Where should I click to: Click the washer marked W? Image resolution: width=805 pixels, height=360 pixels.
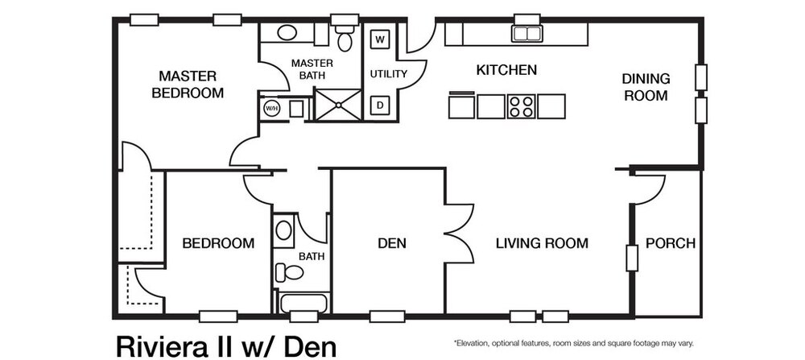[x=380, y=39]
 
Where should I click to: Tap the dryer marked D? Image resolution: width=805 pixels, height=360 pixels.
[x=380, y=106]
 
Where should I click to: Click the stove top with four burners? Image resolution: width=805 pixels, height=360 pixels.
[x=521, y=106]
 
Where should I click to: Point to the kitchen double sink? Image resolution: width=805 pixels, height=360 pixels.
[x=526, y=33]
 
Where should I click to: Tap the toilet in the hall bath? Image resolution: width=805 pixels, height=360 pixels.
[x=290, y=272]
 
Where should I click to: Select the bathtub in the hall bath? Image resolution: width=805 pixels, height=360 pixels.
[x=303, y=303]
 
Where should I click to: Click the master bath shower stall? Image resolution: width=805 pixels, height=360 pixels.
[x=338, y=105]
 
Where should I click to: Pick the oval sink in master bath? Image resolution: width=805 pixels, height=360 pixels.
[x=287, y=32]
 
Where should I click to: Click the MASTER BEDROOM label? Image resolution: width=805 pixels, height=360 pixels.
[x=188, y=85]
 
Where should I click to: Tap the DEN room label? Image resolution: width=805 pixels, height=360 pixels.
[x=392, y=243]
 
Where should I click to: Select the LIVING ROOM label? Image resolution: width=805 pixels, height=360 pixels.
[x=542, y=243]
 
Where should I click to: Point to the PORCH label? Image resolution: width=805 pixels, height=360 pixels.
[x=671, y=243]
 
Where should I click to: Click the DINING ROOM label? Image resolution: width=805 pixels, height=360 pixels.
[x=646, y=87]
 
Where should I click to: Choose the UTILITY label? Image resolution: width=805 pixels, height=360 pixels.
[x=389, y=74]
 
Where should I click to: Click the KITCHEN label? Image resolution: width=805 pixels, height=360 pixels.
[x=506, y=70]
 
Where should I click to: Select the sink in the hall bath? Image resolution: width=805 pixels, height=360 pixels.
[x=283, y=230]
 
